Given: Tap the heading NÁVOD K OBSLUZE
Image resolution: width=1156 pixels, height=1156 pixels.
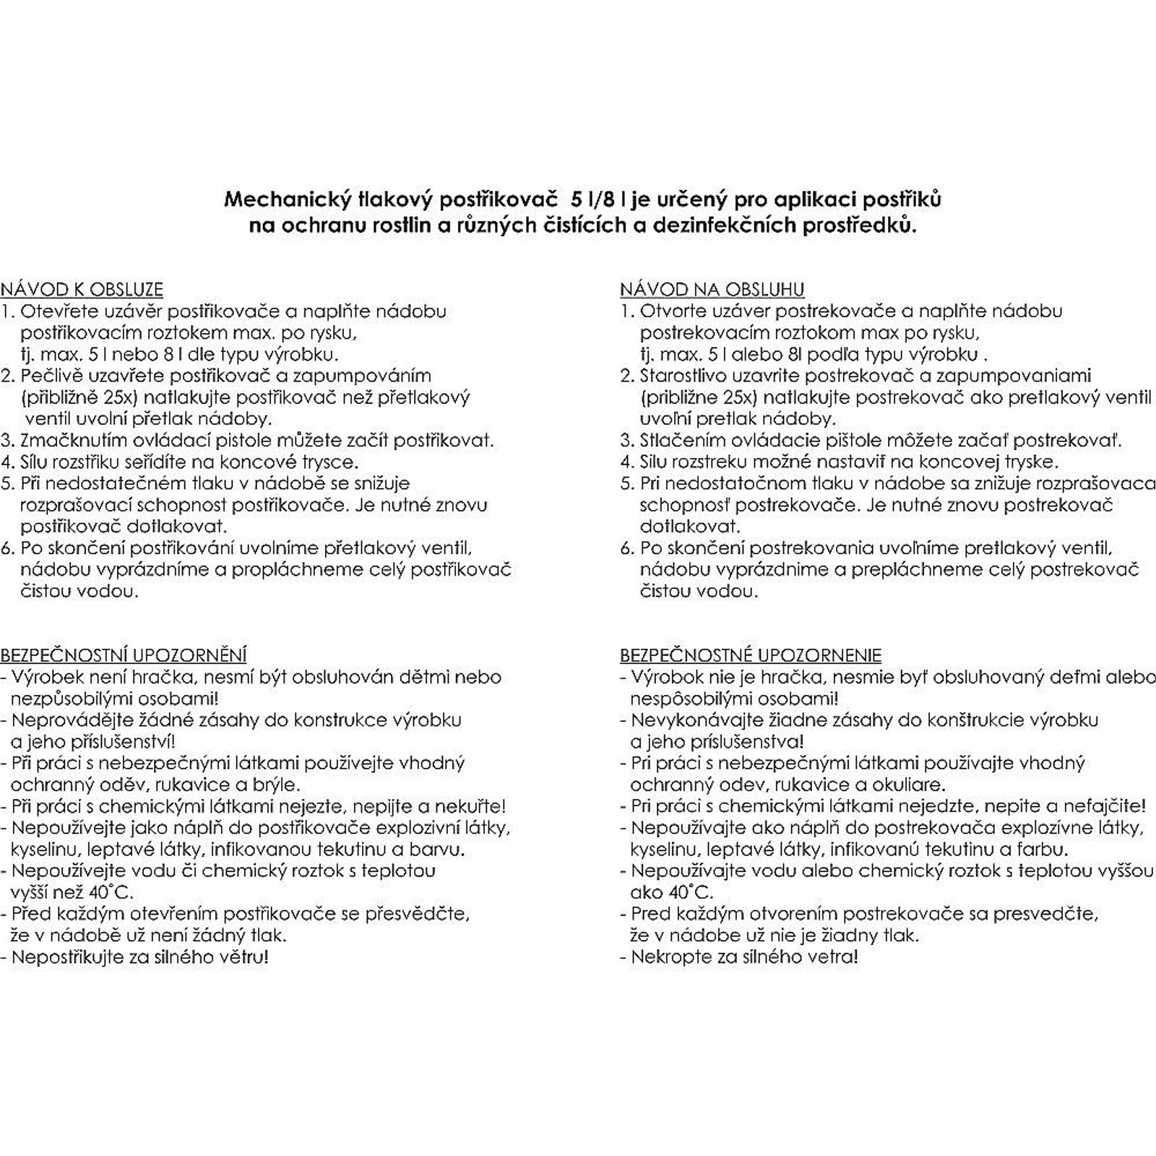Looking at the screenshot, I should point(82,290).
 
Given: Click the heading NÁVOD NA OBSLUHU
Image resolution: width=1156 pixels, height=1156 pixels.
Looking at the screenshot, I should point(712,290).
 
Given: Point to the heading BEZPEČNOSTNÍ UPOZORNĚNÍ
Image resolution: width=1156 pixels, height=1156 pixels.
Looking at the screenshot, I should point(124,655).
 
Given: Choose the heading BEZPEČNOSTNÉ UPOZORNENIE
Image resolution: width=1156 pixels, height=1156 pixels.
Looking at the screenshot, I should point(751,655).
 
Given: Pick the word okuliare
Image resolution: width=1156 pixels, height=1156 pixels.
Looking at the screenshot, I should point(918,785).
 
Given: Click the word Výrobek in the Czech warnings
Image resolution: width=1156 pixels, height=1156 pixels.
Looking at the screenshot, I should point(44,677).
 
